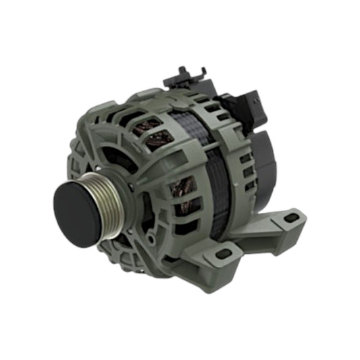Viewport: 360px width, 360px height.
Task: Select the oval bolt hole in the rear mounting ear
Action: (x=292, y=218)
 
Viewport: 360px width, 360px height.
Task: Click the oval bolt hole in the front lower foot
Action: (x=224, y=254)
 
